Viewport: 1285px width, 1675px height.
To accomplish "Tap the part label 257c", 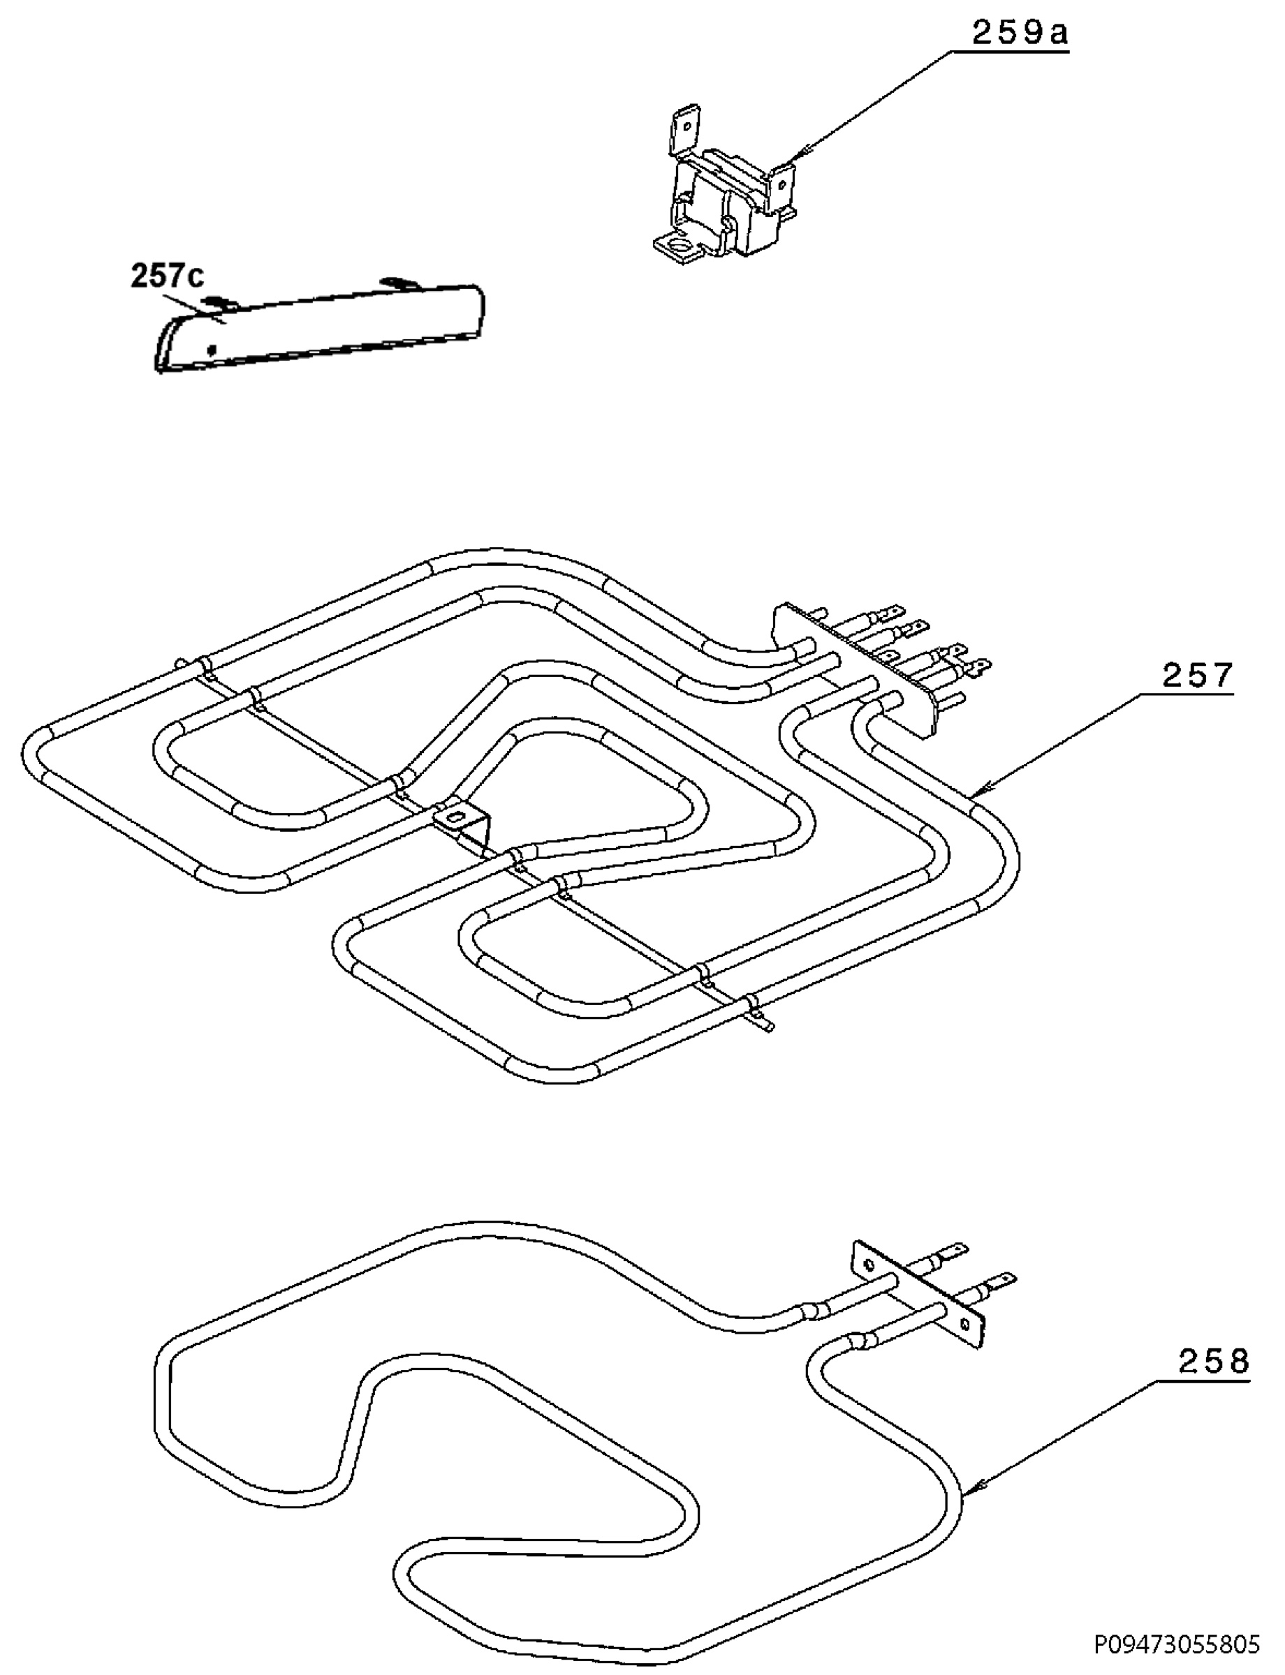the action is [168, 276].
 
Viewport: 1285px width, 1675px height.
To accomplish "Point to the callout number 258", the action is [1213, 1362].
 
